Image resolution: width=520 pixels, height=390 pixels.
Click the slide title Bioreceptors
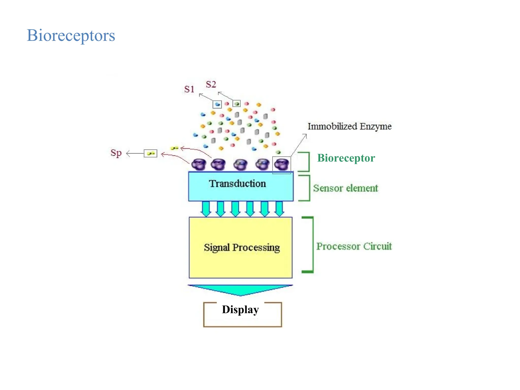click(x=71, y=35)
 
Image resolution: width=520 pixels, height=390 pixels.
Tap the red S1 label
click(x=189, y=89)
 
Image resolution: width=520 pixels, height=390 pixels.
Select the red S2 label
click(x=211, y=84)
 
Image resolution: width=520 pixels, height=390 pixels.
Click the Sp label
click(x=116, y=153)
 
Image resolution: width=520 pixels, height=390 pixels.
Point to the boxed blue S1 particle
click(x=217, y=104)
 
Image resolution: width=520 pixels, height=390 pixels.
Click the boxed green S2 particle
click(x=236, y=104)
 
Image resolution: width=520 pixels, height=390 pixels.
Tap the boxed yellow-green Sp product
click(x=151, y=153)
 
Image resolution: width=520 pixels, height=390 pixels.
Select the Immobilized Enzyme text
click(x=349, y=126)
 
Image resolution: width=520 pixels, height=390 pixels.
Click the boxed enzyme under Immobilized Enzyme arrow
click(x=281, y=165)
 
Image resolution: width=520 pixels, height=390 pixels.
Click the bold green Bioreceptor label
click(x=346, y=158)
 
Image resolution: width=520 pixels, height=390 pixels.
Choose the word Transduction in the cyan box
click(x=237, y=184)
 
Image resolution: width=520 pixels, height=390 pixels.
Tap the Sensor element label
click(x=345, y=188)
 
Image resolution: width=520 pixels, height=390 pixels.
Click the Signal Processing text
click(x=242, y=248)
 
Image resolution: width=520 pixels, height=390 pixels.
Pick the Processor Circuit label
click(x=354, y=246)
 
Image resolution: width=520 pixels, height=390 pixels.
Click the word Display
click(x=240, y=310)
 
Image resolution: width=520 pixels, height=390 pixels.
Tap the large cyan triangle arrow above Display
click(x=240, y=290)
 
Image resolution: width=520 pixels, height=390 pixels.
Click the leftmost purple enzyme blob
click(x=199, y=165)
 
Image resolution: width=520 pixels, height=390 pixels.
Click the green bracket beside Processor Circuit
click(x=312, y=245)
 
